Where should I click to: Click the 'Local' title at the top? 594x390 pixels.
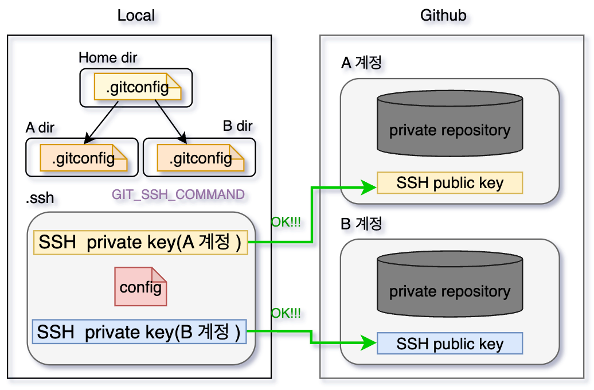(136, 15)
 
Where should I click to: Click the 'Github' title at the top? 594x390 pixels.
(443, 15)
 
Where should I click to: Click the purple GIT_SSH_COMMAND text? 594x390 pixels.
(178, 194)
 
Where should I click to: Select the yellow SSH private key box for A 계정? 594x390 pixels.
(140, 243)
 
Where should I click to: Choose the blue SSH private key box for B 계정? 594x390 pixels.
(139, 332)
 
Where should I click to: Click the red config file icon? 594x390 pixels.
(140, 286)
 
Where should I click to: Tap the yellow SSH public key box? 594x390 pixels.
(450, 183)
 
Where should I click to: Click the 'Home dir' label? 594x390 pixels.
(108, 57)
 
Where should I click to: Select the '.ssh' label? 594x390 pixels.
(40, 199)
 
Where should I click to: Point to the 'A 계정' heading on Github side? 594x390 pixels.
(361, 63)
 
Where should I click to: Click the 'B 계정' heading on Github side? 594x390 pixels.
(361, 224)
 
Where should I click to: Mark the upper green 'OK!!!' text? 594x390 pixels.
(286, 223)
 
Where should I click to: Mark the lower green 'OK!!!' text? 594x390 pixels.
(286, 313)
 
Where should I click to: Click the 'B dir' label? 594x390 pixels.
(237, 126)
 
